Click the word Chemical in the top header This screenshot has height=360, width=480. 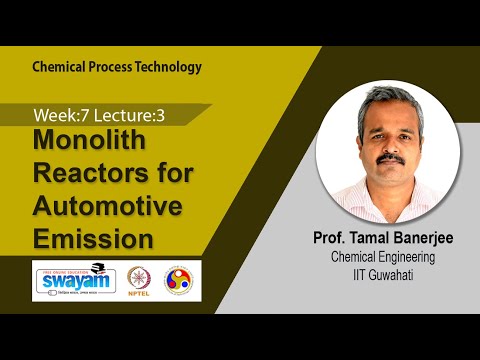(x=59, y=68)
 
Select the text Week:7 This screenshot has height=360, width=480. (x=56, y=116)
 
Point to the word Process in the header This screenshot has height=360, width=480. (x=112, y=68)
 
